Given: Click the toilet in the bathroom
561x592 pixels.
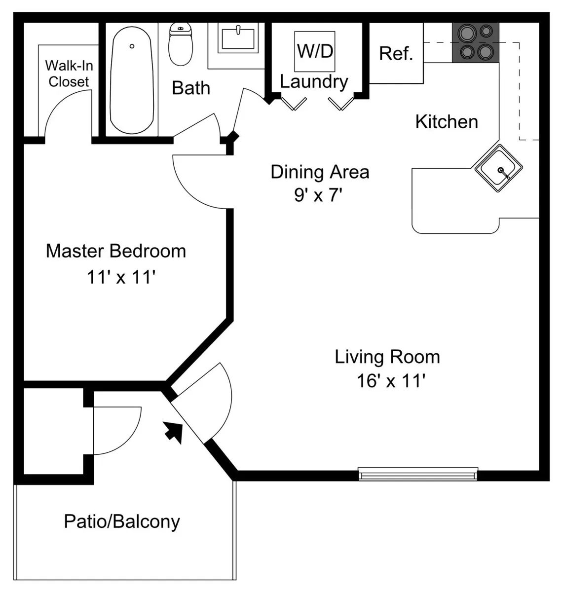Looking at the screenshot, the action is pyautogui.click(x=181, y=44).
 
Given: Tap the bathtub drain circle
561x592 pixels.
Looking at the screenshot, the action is pyautogui.click(x=132, y=46).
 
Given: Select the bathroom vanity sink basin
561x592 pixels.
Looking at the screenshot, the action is pyautogui.click(x=238, y=38).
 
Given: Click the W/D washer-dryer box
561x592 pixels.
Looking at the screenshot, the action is pyautogui.click(x=315, y=51).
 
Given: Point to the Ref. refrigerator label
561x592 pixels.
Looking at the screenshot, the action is pyautogui.click(x=396, y=54).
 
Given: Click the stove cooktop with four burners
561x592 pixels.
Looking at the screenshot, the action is pyautogui.click(x=476, y=43).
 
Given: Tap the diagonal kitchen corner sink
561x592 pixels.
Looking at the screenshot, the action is pyautogui.click(x=498, y=168).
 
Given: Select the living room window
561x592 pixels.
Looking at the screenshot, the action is pyautogui.click(x=417, y=474).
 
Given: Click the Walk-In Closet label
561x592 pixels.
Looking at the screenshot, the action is pyautogui.click(x=69, y=74).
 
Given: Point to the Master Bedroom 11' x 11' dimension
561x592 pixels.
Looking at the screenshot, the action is pyautogui.click(x=121, y=277).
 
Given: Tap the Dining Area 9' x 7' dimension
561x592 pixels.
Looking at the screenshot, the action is pyautogui.click(x=318, y=195).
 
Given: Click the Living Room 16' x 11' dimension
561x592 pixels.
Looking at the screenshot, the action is pyautogui.click(x=391, y=381).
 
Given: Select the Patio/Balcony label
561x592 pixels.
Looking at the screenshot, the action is pyautogui.click(x=122, y=522).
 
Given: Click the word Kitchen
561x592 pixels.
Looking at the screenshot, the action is pyautogui.click(x=447, y=122).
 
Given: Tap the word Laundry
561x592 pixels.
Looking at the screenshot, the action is pyautogui.click(x=314, y=81).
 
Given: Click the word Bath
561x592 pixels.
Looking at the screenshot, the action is pyautogui.click(x=191, y=88).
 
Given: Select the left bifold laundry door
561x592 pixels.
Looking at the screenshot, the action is pyautogui.click(x=294, y=104).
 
